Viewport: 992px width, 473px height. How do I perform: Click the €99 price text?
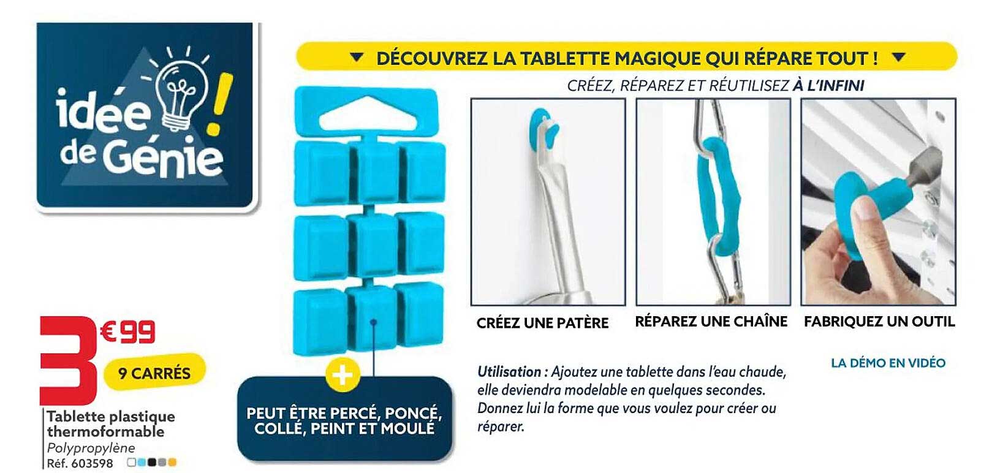point(127,332)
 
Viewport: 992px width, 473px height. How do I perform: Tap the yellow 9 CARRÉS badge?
point(154,373)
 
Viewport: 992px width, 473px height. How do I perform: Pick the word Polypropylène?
point(91,448)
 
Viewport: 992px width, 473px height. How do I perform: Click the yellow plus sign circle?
point(343,374)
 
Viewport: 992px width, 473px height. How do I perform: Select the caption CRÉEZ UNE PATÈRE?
point(542,323)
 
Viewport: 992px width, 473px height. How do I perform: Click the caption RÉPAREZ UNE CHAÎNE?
point(711,322)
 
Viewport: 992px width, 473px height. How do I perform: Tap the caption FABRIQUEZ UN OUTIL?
point(879,322)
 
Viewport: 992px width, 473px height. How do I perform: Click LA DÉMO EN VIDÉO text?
point(888,363)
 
